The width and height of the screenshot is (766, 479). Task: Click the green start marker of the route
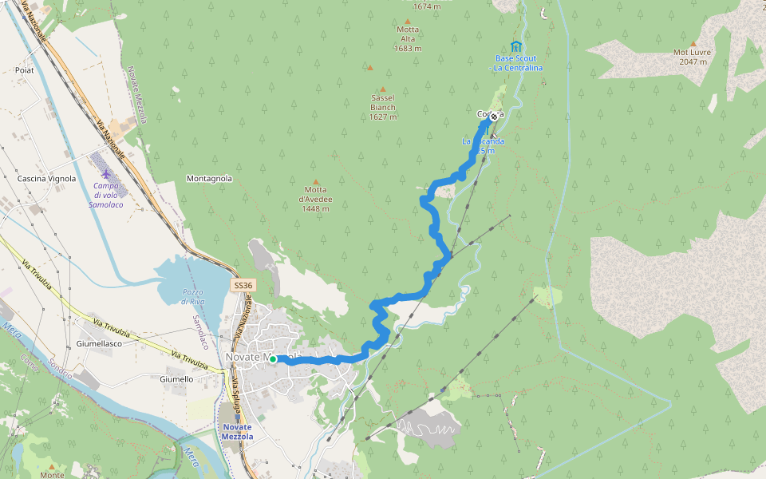tap(273, 360)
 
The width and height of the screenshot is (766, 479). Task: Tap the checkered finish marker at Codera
tap(494, 117)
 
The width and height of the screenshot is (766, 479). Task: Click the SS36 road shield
tap(243, 285)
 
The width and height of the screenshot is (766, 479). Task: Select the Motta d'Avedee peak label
tap(315, 200)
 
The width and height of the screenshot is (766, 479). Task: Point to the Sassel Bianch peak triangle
tap(382, 89)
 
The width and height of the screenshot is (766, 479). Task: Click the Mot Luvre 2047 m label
tap(693, 57)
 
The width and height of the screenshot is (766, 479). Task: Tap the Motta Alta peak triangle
tap(408, 22)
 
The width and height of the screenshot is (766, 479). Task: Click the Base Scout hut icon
tap(516, 46)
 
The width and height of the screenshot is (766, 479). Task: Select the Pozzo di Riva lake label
tap(193, 297)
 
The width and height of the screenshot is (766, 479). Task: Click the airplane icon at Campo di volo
tap(106, 173)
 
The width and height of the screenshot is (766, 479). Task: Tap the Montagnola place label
tap(209, 179)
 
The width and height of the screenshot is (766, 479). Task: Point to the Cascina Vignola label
tap(47, 179)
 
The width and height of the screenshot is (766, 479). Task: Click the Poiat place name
tap(24, 70)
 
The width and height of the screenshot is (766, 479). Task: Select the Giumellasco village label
tap(98, 343)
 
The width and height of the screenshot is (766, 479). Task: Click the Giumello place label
tap(176, 379)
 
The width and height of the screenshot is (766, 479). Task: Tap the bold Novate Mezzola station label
tap(237, 432)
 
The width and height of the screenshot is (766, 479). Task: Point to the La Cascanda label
tap(483, 145)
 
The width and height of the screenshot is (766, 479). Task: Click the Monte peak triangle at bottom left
tap(52, 466)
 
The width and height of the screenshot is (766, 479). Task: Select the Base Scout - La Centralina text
tap(516, 63)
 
